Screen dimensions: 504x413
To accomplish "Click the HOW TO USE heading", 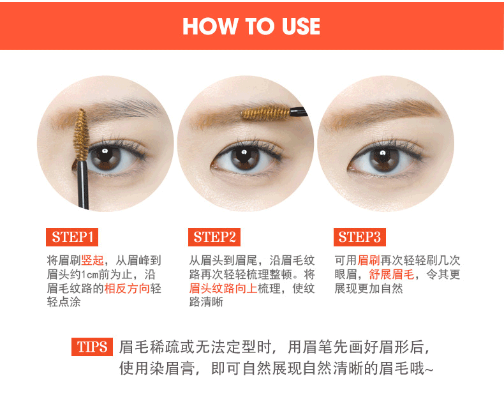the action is (251, 26).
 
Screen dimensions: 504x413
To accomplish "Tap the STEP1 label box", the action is (72, 237).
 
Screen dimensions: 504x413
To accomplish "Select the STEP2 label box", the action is (214, 237).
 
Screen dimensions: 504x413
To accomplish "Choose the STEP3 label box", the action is (360, 237).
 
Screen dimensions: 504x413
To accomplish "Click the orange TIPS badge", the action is (92, 347).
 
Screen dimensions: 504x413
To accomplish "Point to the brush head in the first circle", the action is (81, 135).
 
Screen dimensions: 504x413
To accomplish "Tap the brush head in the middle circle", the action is (266, 113).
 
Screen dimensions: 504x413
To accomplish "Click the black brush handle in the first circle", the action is (83, 184).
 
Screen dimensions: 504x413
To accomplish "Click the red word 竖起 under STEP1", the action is (93, 260).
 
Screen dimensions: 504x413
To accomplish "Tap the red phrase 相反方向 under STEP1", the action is (127, 288).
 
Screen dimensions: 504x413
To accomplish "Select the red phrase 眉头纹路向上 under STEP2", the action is (223, 288).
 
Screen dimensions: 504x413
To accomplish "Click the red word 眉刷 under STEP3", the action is (369, 260).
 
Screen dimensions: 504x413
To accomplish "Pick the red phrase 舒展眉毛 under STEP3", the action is (392, 274).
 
